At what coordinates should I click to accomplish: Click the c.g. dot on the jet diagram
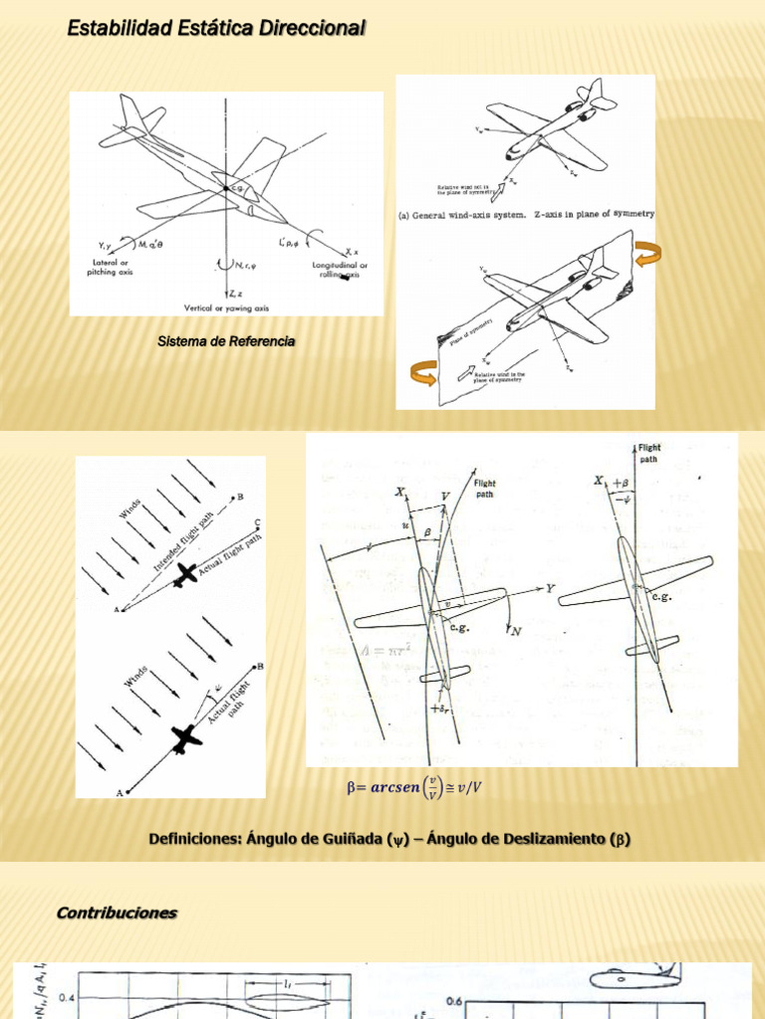[228, 187]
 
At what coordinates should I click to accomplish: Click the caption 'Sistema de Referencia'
[226, 341]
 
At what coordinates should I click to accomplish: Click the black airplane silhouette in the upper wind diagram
[184, 574]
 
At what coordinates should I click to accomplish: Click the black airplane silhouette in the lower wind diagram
[185, 738]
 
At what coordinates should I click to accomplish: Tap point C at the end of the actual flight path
[258, 522]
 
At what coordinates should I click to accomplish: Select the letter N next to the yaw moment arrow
[515, 631]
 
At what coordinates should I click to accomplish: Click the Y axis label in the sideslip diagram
[550, 589]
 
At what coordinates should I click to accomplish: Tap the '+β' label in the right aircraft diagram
[621, 483]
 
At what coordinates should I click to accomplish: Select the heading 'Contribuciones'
[117, 913]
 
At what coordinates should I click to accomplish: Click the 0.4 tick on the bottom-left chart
[66, 996]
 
